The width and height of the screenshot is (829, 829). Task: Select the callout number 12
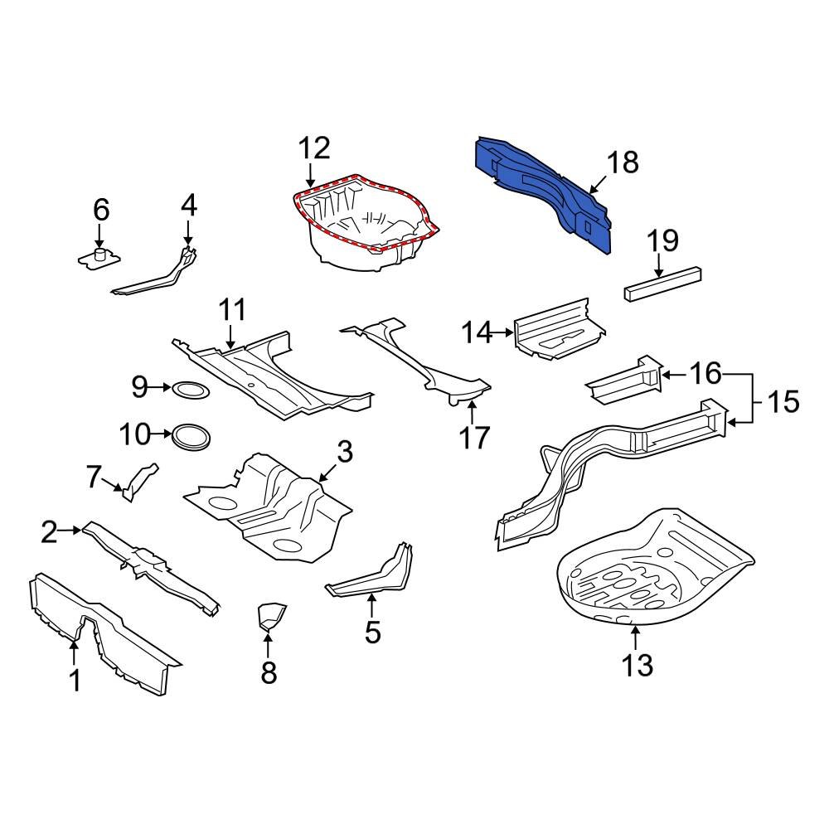coord(314,148)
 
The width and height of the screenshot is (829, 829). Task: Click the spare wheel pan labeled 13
coord(655,572)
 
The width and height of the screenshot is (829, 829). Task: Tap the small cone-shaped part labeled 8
coord(270,618)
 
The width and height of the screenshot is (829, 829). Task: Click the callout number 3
coord(345,452)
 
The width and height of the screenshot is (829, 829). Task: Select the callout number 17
coord(475,436)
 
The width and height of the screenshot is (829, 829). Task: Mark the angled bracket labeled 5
coord(373,577)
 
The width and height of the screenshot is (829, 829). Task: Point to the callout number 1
coord(75,681)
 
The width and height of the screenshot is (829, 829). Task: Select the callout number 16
coord(707,375)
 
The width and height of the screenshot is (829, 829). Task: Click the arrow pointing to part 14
coord(502,333)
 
